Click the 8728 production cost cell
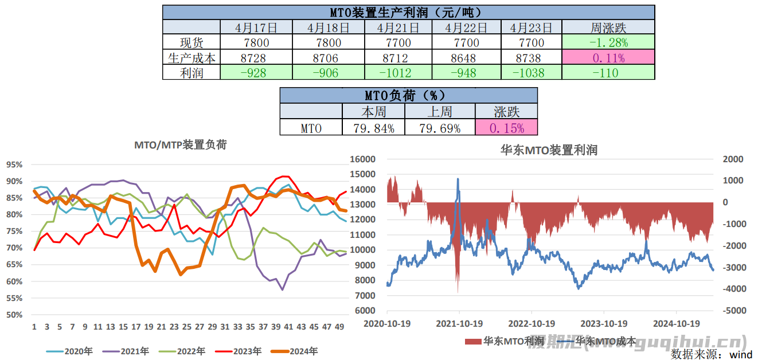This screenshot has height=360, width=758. (x=256, y=57)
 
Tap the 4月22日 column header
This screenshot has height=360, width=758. (x=466, y=28)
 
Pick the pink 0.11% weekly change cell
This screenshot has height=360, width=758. (x=608, y=57)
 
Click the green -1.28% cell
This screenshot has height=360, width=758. (x=608, y=42)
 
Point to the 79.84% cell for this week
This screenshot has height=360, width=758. (x=373, y=128)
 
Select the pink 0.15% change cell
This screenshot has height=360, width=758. (x=506, y=128)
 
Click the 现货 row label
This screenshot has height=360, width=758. (x=192, y=42)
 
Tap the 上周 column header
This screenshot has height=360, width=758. (x=440, y=111)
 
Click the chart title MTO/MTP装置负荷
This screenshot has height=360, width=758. (x=180, y=145)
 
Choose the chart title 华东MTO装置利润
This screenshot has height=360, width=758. (x=549, y=150)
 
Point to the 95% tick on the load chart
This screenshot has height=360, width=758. (x=14, y=165)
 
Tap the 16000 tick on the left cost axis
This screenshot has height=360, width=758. (x=364, y=159)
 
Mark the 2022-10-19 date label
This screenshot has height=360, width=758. (x=532, y=323)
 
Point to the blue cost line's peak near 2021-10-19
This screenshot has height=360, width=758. (x=458, y=179)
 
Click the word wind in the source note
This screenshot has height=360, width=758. (x=741, y=354)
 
